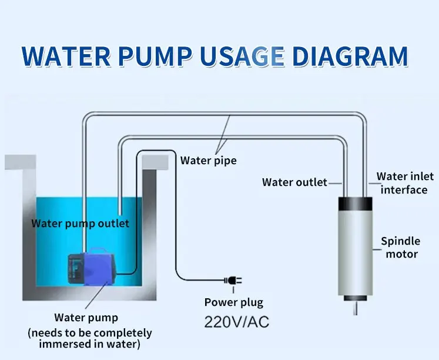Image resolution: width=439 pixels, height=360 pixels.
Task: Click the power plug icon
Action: [232, 282]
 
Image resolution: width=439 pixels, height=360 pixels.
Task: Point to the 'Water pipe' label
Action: [208, 160]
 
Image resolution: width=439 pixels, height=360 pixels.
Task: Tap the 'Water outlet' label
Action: [294, 182]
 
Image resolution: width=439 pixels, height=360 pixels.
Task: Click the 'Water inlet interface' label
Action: [406, 182]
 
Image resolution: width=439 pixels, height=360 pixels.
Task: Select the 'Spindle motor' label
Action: [401, 247]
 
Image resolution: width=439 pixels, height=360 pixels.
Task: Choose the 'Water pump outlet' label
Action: [80, 223]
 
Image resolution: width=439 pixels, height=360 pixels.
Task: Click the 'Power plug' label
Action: [234, 302]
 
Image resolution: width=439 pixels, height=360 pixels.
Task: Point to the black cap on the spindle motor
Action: [356, 204]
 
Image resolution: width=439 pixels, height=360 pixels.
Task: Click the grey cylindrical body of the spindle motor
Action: [356, 253]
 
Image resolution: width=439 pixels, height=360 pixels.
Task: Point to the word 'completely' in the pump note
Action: [122, 332]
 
